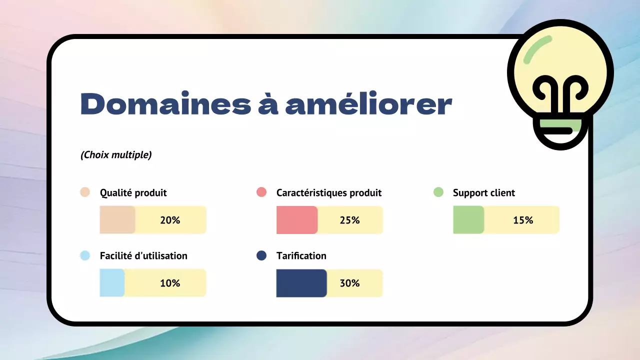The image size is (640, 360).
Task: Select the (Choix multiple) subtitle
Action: (116, 155)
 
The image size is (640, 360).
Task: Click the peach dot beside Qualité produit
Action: (85, 192)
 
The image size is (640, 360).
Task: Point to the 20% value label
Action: (170, 220)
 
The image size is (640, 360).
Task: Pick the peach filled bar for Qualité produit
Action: (117, 220)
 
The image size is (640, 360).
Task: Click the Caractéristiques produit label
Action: (329, 193)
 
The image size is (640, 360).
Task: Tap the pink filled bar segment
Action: (297, 220)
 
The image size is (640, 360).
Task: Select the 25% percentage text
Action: (349, 220)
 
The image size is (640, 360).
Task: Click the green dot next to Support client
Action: (438, 192)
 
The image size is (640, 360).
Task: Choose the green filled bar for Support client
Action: (468, 220)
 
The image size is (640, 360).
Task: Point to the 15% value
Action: (523, 220)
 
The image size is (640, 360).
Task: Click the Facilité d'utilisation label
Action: (143, 256)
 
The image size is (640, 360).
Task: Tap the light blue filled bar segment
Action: (112, 283)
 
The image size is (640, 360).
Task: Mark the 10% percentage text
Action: (170, 283)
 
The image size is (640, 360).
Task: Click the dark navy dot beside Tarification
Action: (261, 255)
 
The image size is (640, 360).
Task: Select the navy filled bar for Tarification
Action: (301, 283)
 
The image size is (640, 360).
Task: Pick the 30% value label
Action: (349, 283)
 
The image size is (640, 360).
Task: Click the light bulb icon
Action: (560, 85)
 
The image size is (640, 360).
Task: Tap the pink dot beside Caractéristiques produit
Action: (261, 192)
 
